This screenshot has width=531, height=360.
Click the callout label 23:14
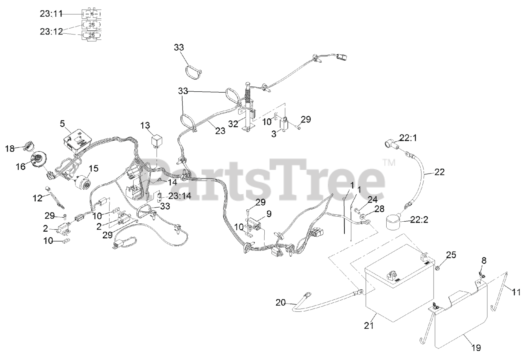click(x=179, y=196)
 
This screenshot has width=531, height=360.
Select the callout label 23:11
click(x=51, y=14)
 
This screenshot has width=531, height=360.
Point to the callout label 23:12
click(x=51, y=31)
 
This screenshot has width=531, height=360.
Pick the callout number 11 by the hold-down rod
click(x=515, y=292)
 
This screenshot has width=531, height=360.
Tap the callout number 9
click(x=269, y=214)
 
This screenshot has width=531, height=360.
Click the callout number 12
click(x=38, y=198)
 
